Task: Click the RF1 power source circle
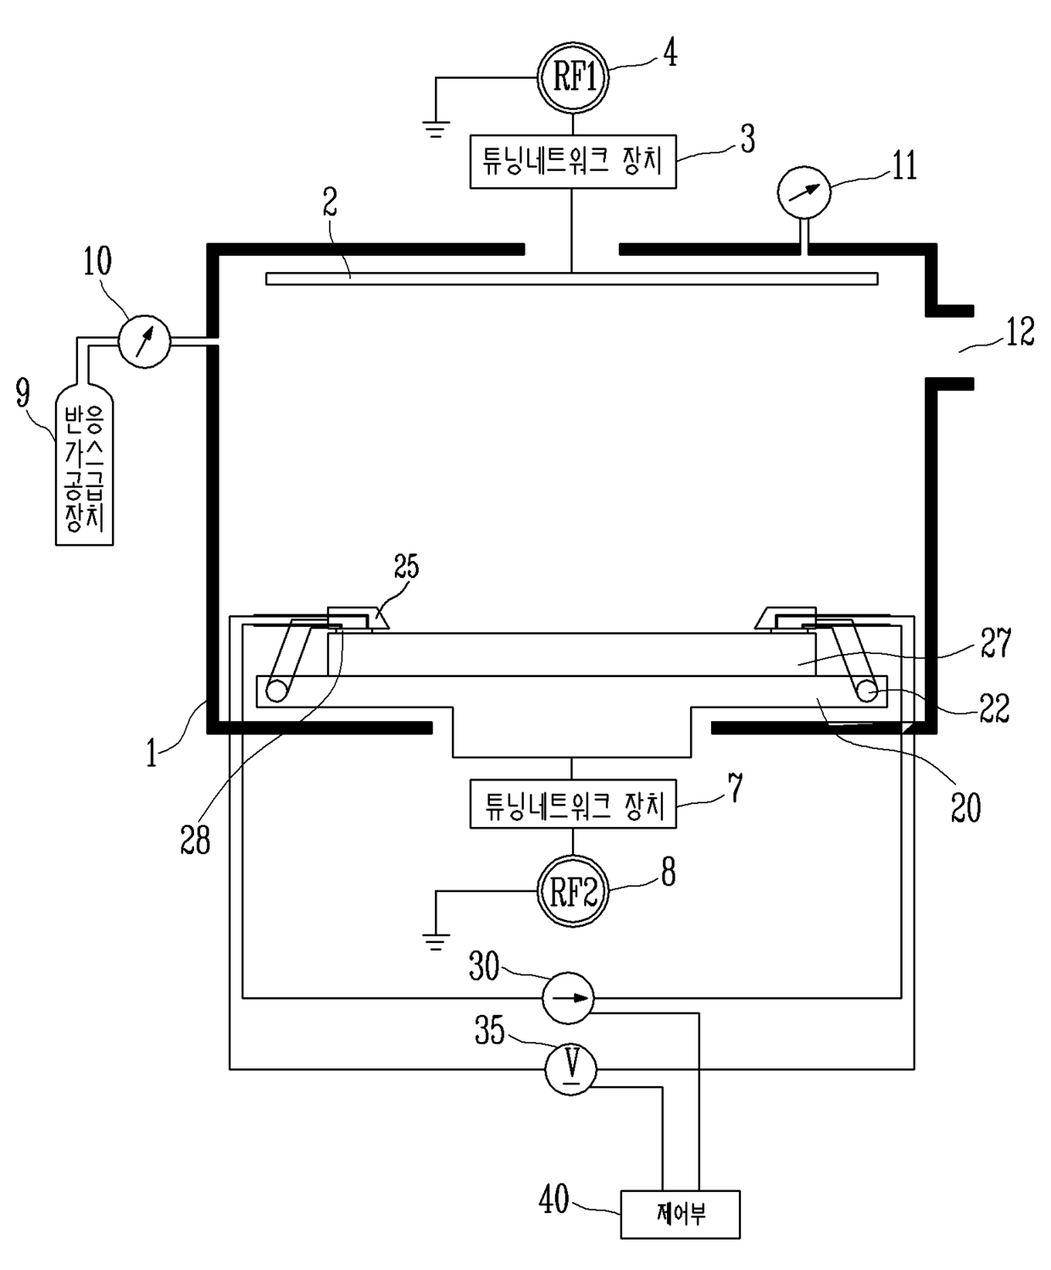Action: click(x=573, y=79)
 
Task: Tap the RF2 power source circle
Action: click(x=573, y=891)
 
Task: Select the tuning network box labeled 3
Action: click(x=573, y=162)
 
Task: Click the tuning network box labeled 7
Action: click(x=573, y=803)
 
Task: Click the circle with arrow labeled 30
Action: click(x=568, y=997)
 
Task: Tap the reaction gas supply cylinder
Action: click(x=84, y=465)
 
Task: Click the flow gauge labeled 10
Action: click(x=144, y=341)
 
